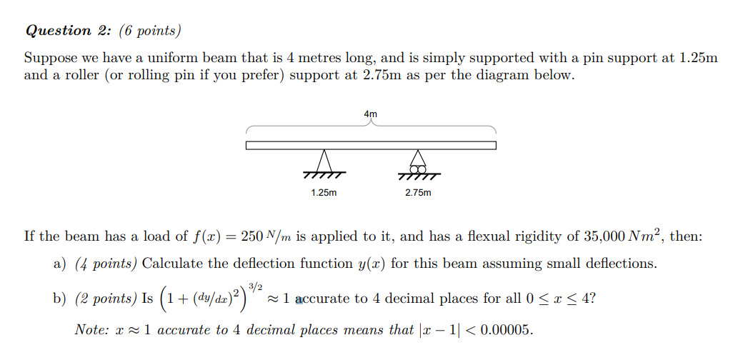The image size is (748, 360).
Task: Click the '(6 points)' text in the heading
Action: click(x=150, y=31)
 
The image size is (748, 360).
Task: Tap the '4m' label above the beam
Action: click(x=370, y=114)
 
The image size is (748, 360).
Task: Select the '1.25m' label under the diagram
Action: click(x=324, y=193)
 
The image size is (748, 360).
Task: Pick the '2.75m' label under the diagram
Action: click(x=418, y=193)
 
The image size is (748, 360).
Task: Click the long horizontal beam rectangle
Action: click(x=371, y=146)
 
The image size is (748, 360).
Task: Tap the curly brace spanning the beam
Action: click(x=371, y=127)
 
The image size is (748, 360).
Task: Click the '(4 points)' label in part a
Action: click(x=106, y=264)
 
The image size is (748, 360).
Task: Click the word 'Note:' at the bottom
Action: click(x=90, y=330)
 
